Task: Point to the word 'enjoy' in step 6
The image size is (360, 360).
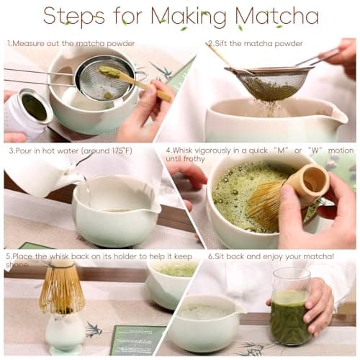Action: click(x=271, y=256)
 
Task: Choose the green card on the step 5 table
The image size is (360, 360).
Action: click(x=137, y=339)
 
